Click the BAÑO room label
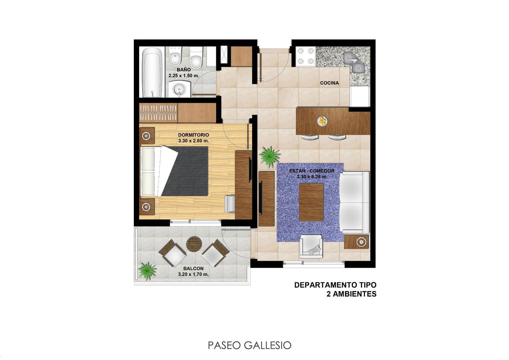click(x=184, y=70)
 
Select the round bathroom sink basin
click(x=180, y=89)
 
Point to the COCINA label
click(x=329, y=83)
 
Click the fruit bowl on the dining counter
click(x=322, y=121)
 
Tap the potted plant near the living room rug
click(x=269, y=156)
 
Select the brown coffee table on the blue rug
click(x=311, y=202)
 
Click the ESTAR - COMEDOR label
click(x=311, y=171)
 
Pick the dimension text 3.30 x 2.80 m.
click(x=194, y=141)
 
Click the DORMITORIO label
click(x=194, y=135)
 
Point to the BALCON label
click(x=193, y=268)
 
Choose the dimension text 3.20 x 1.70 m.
click(x=193, y=274)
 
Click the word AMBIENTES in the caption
click(x=351, y=294)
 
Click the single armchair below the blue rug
click(x=311, y=247)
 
